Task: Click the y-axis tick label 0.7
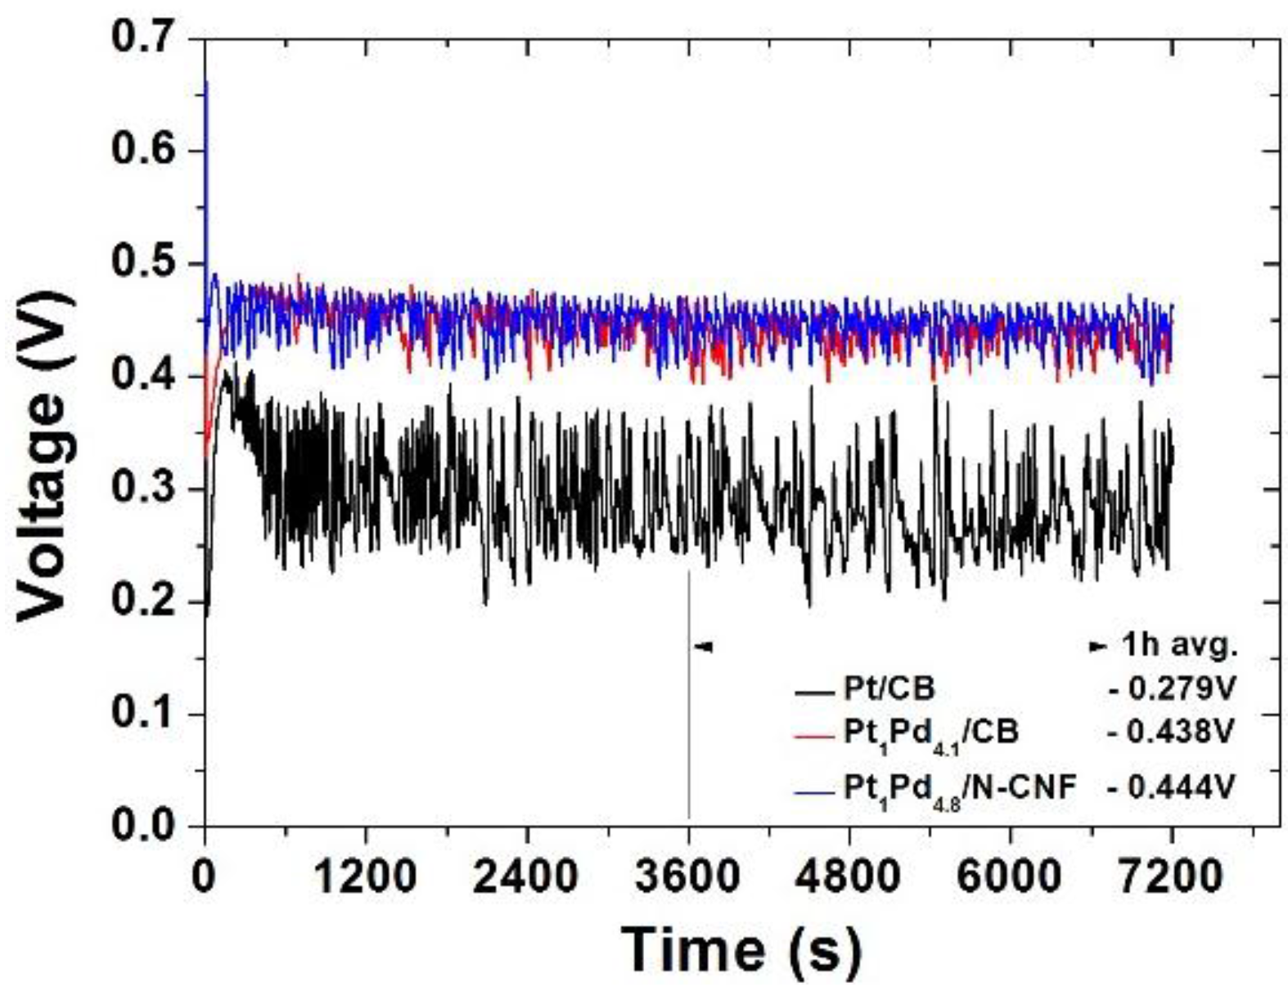pos(146,38)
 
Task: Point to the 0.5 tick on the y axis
pos(146,264)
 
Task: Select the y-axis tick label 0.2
pos(146,602)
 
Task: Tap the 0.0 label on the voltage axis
pos(146,825)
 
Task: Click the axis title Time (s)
pos(741,949)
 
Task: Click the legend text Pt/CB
pos(889,689)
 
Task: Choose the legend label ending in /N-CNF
pos(960,788)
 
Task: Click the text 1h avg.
pos(1178,646)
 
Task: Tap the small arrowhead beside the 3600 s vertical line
pos(704,647)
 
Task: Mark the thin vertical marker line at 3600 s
pos(688,696)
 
